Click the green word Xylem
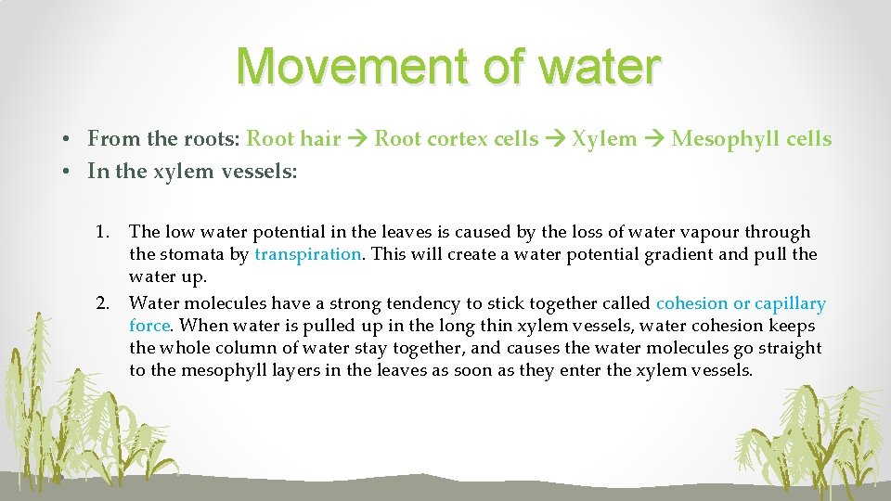click(604, 139)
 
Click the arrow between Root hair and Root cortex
click(357, 139)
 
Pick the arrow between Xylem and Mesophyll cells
click(654, 139)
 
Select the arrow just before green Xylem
click(555, 139)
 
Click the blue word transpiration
click(307, 254)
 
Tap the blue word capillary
click(790, 303)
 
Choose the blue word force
click(149, 326)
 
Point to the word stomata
click(191, 254)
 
